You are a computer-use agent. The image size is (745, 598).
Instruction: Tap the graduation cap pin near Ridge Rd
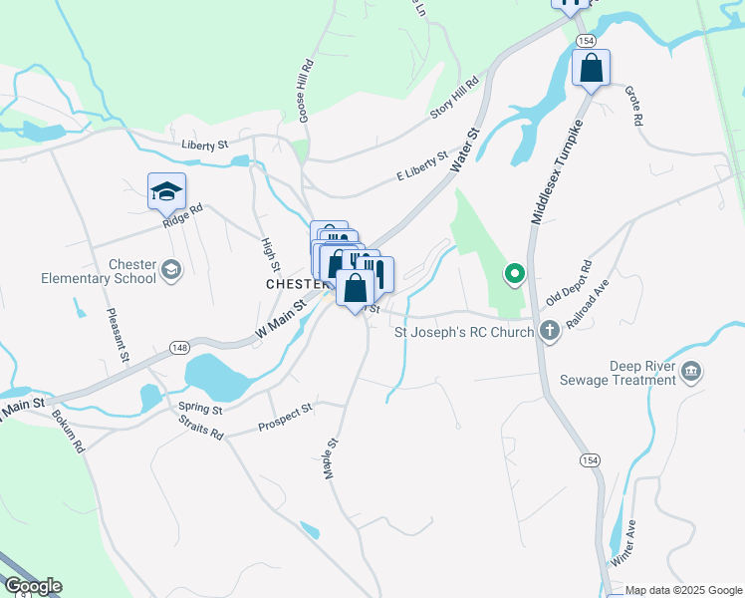[x=166, y=192]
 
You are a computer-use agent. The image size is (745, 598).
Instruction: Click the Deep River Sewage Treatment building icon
[x=691, y=373]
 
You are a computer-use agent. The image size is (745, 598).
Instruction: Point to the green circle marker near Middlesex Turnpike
[x=514, y=272]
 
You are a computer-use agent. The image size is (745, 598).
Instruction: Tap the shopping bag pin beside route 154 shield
[x=591, y=69]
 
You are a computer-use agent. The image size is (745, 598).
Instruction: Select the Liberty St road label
[x=205, y=145]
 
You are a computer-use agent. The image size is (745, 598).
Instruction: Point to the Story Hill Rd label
[x=455, y=100]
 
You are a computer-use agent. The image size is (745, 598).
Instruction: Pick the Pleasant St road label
[x=117, y=335]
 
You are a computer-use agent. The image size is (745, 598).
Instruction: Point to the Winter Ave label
[x=624, y=542]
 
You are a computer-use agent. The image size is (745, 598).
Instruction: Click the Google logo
[x=32, y=586]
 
